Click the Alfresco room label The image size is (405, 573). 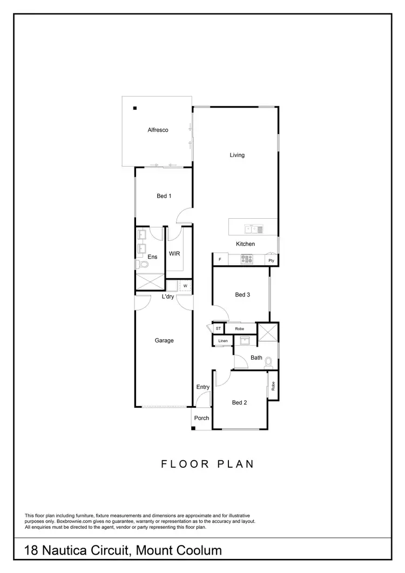[159, 130]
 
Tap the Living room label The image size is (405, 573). [237, 155]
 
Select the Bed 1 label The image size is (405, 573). [164, 196]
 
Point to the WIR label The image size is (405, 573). [174, 253]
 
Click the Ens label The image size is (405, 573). [153, 257]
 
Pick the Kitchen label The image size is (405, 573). [245, 244]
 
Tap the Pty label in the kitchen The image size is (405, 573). [271, 261]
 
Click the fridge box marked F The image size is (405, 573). [220, 260]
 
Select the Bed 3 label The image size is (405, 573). [242, 295]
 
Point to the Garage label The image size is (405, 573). [164, 340]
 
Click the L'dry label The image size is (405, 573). [167, 296]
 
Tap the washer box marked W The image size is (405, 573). [185, 286]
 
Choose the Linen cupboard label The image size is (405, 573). [223, 341]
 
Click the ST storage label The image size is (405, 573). [219, 328]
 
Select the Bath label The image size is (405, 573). [256, 358]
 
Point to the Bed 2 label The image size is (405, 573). [239, 402]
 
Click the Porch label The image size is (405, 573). [201, 418]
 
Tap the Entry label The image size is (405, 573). [203, 387]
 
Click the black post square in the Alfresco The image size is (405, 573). [136, 107]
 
